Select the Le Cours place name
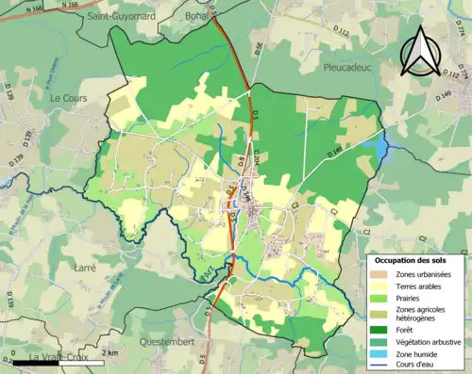68,98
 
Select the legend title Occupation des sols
412,259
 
